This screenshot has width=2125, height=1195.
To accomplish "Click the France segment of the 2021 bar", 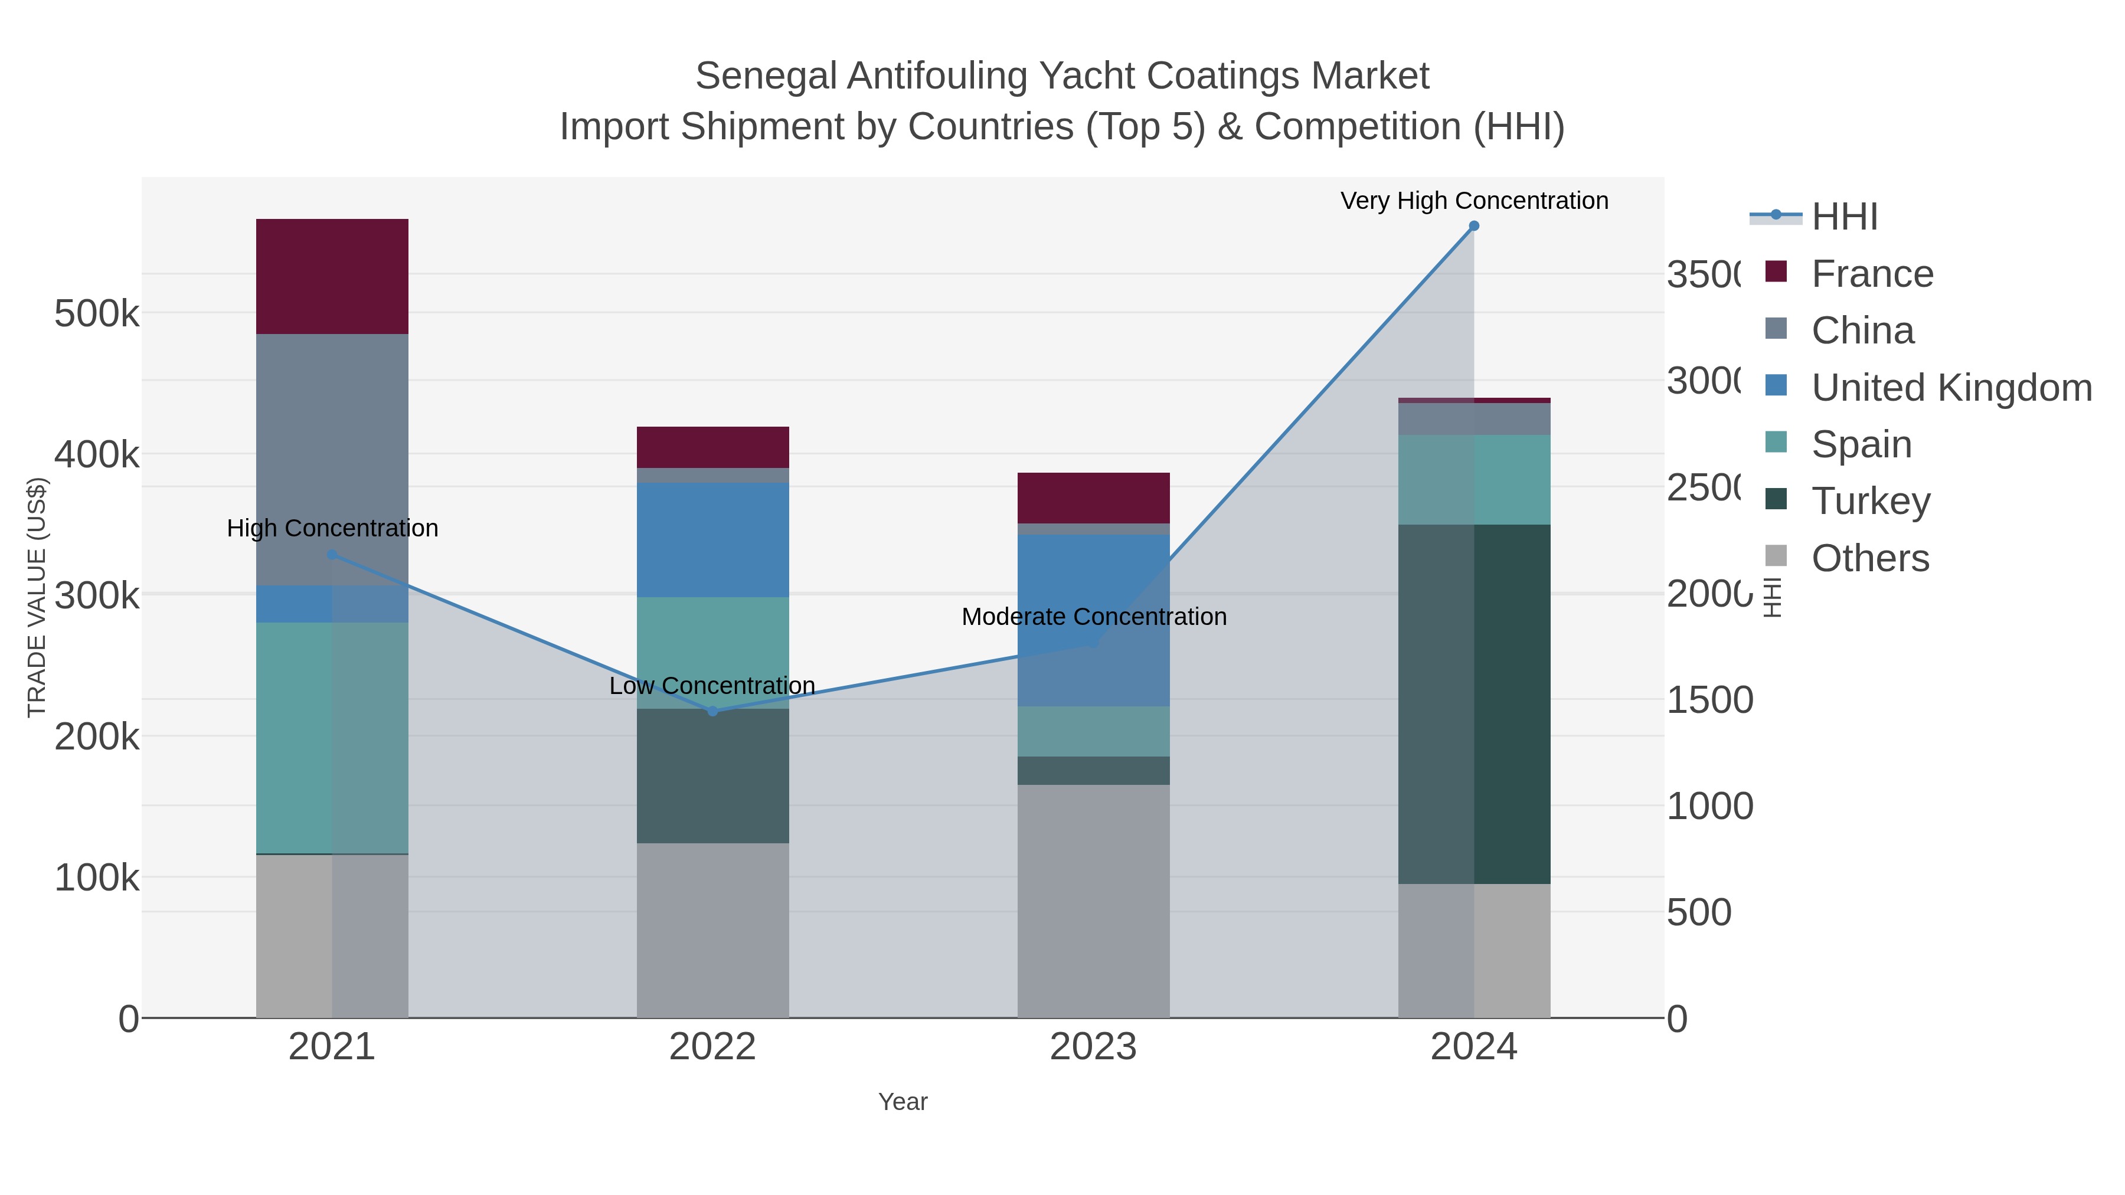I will tap(332, 276).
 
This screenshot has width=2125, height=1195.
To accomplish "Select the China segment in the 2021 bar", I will tap(332, 459).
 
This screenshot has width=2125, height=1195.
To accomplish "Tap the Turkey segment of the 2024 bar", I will tap(1473, 703).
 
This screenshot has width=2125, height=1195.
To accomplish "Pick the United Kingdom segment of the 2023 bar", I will tap(1093, 620).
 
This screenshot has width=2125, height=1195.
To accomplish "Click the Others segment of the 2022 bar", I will tap(712, 929).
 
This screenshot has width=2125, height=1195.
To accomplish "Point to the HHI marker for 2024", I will tap(1473, 225).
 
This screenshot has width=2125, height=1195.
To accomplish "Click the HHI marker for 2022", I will tap(712, 711).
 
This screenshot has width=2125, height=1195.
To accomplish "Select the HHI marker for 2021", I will tap(332, 554).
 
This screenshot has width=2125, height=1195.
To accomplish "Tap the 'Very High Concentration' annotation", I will tap(1473, 201).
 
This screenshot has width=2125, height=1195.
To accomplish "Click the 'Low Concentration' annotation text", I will tap(712, 685).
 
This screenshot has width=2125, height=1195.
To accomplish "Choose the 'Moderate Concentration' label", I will tap(1093, 616).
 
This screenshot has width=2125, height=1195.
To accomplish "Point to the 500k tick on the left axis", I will tap(97, 313).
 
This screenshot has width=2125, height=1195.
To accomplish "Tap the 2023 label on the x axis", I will tap(1093, 1046).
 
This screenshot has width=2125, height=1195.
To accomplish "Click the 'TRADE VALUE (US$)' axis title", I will tap(37, 597).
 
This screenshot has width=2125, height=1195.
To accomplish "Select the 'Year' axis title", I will tap(903, 1101).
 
